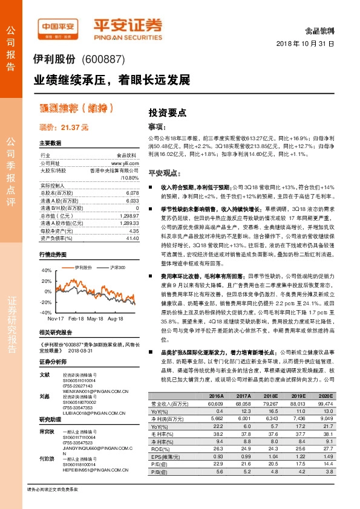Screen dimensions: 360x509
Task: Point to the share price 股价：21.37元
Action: [64, 128]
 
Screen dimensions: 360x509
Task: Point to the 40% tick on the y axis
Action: [47, 270]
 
